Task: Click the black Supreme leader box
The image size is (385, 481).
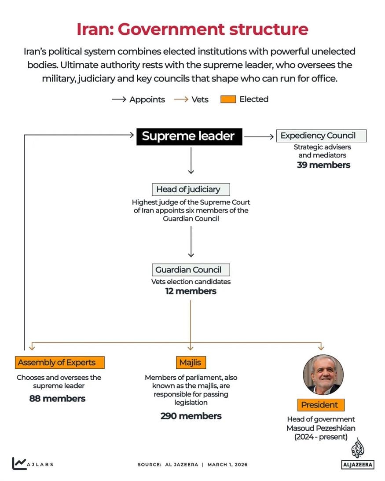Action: [x=188, y=136]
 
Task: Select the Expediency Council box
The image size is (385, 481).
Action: [x=321, y=136]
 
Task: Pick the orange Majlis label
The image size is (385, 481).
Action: [x=190, y=363]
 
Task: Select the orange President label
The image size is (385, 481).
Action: [x=319, y=405]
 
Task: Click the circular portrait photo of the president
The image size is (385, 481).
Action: [x=323, y=375]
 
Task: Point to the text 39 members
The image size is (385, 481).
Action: [x=323, y=165]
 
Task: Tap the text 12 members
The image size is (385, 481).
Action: [x=191, y=291]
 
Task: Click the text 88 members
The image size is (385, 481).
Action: [x=57, y=399]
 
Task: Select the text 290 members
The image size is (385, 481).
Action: [x=191, y=416]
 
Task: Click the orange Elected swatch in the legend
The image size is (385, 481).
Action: [x=228, y=99]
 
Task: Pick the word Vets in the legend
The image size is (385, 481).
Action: [x=200, y=99]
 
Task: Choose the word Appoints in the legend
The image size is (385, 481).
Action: [x=147, y=99]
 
